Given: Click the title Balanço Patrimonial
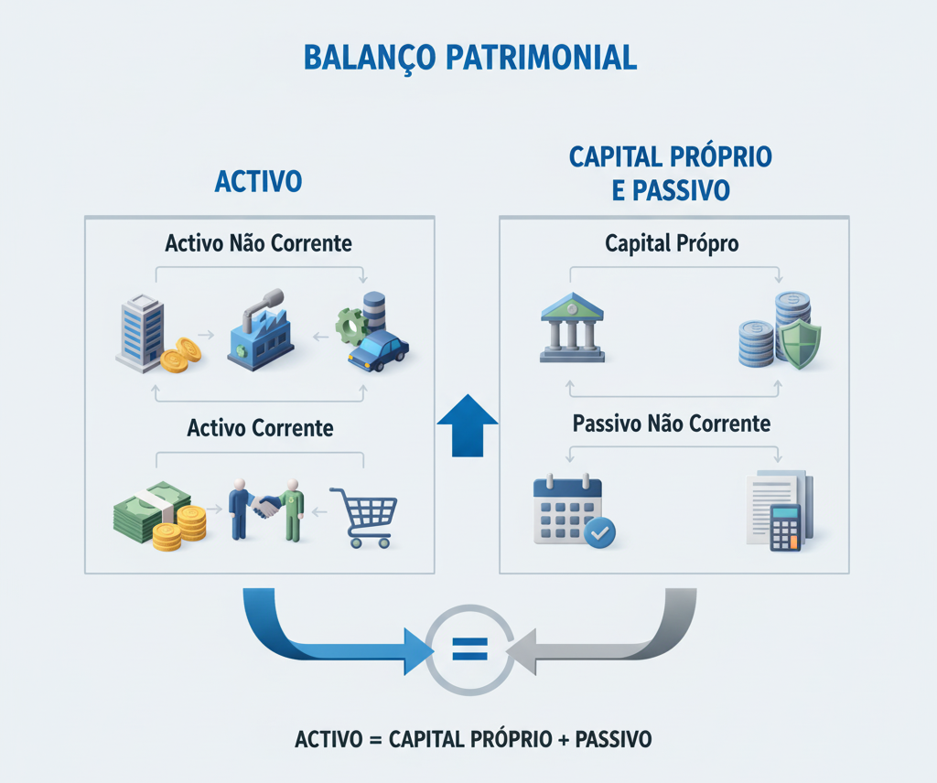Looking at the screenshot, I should click(x=468, y=57).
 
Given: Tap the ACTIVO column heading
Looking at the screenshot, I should click(x=258, y=181).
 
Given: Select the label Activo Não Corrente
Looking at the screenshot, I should click(x=258, y=244).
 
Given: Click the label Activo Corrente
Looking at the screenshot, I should click(x=260, y=427).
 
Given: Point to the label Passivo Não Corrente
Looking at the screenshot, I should click(x=672, y=424).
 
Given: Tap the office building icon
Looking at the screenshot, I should click(x=140, y=334).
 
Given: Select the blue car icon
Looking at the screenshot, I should click(x=379, y=351).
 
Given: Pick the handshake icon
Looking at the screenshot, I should click(x=265, y=506).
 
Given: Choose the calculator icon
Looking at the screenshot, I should click(x=785, y=527).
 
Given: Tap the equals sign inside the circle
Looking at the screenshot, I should click(x=469, y=649).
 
